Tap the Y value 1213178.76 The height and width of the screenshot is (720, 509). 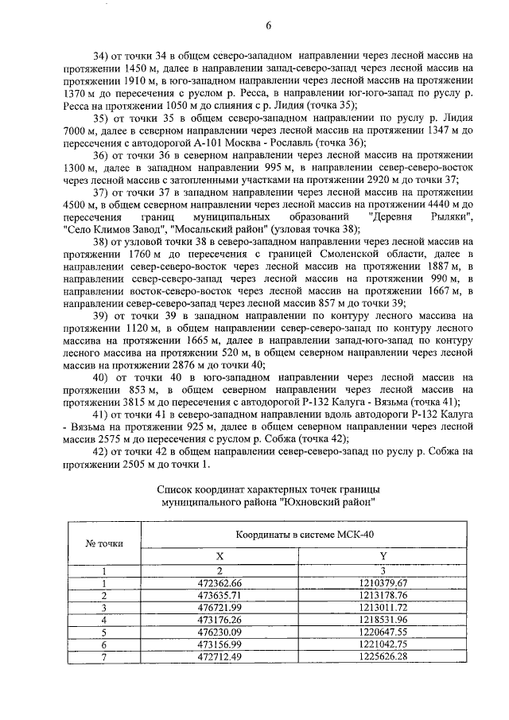[383, 595]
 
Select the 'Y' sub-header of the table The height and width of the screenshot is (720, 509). [383, 558]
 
